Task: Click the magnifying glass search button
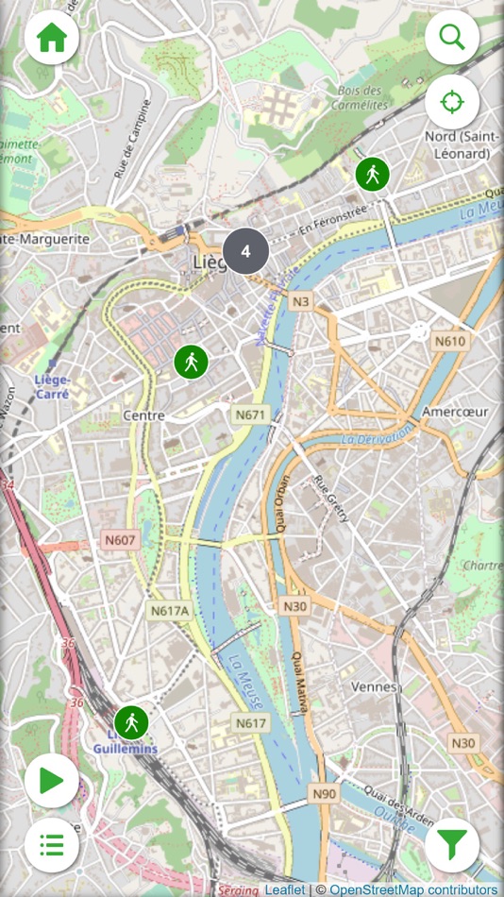pos(452,38)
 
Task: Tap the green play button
pos(51,780)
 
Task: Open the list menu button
pos(51,844)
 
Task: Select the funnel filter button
pos(452,844)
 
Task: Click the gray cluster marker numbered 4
pos(246,251)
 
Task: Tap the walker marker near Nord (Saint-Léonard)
pos(373,175)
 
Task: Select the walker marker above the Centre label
pos(191,362)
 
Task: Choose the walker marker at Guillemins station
pos(131,722)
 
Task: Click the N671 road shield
pos(251,414)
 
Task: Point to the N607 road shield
pos(120,539)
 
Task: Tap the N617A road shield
pos(170,611)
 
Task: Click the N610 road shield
pos(450,340)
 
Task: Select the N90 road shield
pos(324,794)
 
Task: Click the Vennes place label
pos(373,686)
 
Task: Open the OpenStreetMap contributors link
pos(413,889)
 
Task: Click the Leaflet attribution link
pos(284,889)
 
